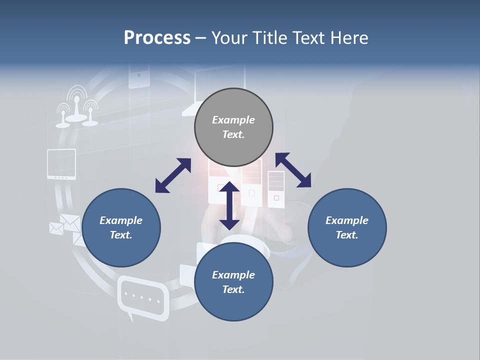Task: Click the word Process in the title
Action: [x=157, y=38]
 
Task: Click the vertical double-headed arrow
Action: [x=229, y=205]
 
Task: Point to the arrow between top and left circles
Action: [x=173, y=175]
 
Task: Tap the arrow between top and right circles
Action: [x=293, y=170]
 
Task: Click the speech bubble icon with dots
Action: [x=142, y=297]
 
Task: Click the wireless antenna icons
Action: [x=76, y=107]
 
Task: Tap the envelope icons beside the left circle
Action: [x=65, y=226]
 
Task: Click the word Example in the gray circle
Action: [x=233, y=120]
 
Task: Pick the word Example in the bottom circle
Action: [x=233, y=275]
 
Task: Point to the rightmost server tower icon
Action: [x=276, y=189]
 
